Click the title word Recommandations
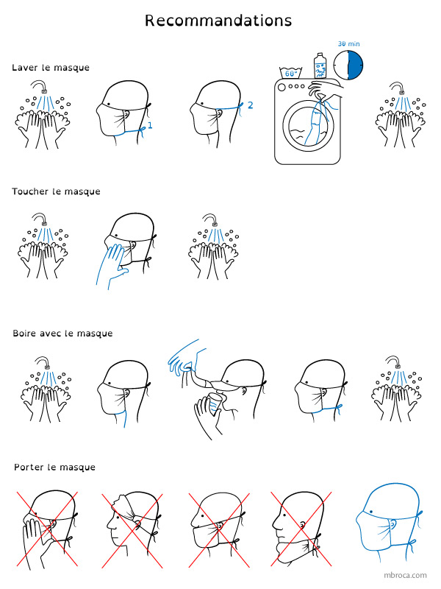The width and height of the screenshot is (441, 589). (218, 21)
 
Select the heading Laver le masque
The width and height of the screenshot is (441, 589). (51, 68)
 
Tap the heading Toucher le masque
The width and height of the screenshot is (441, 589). (57, 191)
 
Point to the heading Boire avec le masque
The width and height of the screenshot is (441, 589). (62, 334)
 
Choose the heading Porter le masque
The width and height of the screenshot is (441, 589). (54, 468)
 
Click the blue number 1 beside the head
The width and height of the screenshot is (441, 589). (150, 125)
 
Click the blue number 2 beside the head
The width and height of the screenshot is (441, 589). (251, 105)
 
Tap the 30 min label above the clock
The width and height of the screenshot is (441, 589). (348, 44)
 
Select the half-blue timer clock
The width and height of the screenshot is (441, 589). (348, 65)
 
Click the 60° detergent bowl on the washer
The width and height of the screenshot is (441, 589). (291, 72)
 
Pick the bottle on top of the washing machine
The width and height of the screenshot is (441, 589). (320, 66)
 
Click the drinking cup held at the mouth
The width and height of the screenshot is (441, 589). (215, 403)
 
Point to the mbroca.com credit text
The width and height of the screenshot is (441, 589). (405, 575)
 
